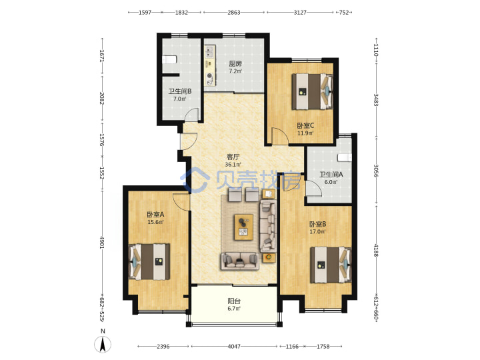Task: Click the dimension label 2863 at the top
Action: coord(234,13)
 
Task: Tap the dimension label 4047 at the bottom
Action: coord(234,347)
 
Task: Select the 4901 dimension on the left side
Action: coord(102,241)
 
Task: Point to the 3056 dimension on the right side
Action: coord(376,171)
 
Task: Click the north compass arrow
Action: coord(103,345)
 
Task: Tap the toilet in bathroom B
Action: coord(169,59)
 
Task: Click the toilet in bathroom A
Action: coord(345,157)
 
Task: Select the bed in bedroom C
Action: coord(312,91)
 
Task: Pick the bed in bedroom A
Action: coord(149,262)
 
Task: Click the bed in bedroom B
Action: coord(331,265)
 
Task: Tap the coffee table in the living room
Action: coord(244,227)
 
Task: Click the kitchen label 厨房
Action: coord(235,64)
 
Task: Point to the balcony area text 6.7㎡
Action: coord(234,308)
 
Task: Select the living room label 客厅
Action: coord(233,157)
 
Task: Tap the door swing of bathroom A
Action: coord(313,188)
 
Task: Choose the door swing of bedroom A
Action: coord(181,202)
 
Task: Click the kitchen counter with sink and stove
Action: coord(210,65)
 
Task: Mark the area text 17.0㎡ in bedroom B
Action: coord(317,232)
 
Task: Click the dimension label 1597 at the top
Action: coord(145,13)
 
